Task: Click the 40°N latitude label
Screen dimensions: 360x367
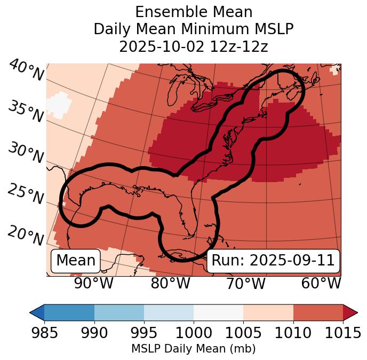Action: tap(26, 71)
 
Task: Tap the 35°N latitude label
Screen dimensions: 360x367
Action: tap(26, 112)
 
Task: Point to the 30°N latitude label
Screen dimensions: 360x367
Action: tap(26, 153)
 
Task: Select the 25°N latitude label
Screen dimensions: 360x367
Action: tap(26, 194)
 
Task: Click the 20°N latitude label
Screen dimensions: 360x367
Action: tap(26, 236)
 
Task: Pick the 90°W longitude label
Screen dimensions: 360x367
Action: tap(93, 283)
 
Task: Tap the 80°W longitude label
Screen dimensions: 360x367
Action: tap(170, 283)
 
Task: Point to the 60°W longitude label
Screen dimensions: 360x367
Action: tap(321, 283)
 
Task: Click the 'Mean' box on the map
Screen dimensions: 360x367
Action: tap(76, 261)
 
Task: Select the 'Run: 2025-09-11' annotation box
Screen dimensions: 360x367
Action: tap(273, 261)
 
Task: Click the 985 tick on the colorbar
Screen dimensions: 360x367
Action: tap(44, 333)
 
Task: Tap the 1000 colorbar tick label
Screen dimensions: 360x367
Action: tap(194, 333)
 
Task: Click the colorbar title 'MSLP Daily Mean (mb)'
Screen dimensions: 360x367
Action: tap(193, 349)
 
